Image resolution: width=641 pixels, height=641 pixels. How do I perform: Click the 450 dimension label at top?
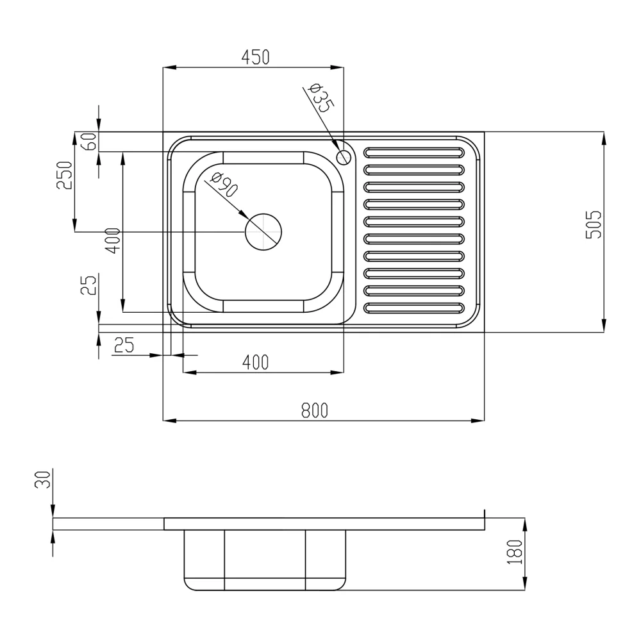pyautogui.click(x=256, y=57)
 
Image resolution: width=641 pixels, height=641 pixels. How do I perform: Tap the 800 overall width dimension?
pyautogui.click(x=314, y=410)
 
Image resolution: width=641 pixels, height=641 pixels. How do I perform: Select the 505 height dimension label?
pyautogui.click(x=594, y=224)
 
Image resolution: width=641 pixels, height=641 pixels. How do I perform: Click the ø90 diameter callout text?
pyautogui.click(x=224, y=185)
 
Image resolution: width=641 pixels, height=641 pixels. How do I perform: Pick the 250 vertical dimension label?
pyautogui.click(x=64, y=176)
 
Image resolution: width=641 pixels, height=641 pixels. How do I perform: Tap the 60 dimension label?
pyautogui.click(x=90, y=142)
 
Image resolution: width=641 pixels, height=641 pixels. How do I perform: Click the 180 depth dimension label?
pyautogui.click(x=515, y=553)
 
